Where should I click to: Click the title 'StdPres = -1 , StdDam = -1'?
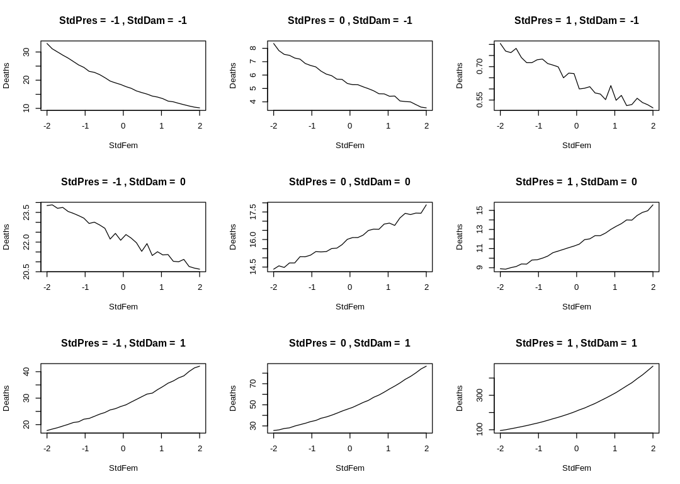pyautogui.click(x=123, y=21)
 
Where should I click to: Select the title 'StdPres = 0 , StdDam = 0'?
pyautogui.click(x=349, y=182)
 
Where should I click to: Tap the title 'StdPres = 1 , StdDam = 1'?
pyautogui.click(x=576, y=343)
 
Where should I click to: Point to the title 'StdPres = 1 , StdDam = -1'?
pyautogui.click(x=576, y=21)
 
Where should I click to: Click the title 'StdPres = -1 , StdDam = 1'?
pyautogui.click(x=123, y=343)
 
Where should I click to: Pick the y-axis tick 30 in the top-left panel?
pyautogui.click(x=27, y=52)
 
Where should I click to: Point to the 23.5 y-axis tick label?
pyautogui.click(x=27, y=212)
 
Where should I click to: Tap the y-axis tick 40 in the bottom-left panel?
pyautogui.click(x=27, y=371)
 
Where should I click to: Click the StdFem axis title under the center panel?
pyautogui.click(x=349, y=307)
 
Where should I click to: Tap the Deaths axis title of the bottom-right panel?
pyautogui.click(x=460, y=398)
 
